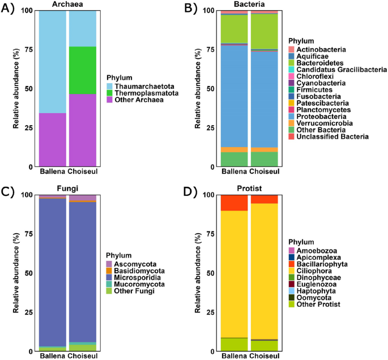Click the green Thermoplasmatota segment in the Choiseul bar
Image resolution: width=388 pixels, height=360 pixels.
pos(83,70)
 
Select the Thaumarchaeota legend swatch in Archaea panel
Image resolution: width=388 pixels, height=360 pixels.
pos(111,85)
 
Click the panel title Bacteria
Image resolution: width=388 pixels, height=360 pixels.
pos(250,5)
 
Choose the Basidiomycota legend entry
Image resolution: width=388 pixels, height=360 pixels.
pos(136,271)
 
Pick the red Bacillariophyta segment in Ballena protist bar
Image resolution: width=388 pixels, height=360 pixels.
pos(234,203)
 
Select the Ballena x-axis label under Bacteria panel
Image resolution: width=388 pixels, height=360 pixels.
pos(234,172)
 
